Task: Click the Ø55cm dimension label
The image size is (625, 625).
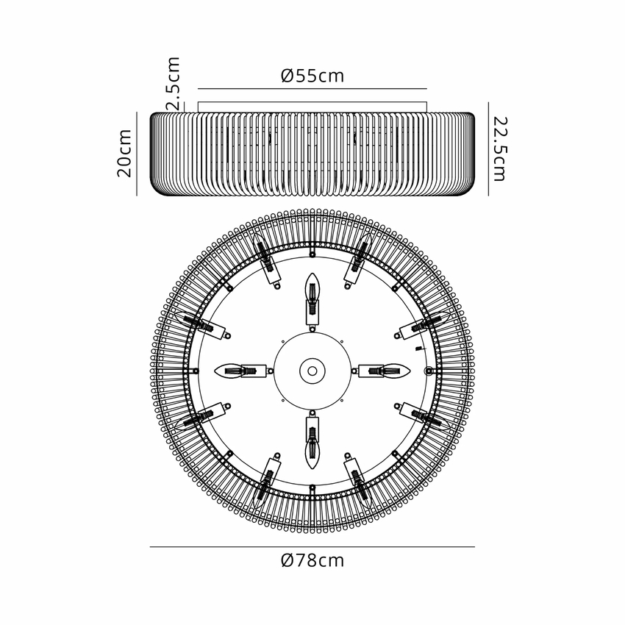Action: click(x=312, y=75)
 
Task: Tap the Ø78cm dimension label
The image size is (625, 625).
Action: click(x=312, y=560)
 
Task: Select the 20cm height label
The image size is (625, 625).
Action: click(x=124, y=153)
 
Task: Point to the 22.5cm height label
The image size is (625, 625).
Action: click(x=500, y=149)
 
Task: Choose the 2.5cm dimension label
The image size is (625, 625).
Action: click(x=174, y=84)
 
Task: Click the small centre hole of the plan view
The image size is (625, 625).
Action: click(x=312, y=371)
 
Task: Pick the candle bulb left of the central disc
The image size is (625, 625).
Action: click(x=230, y=371)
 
